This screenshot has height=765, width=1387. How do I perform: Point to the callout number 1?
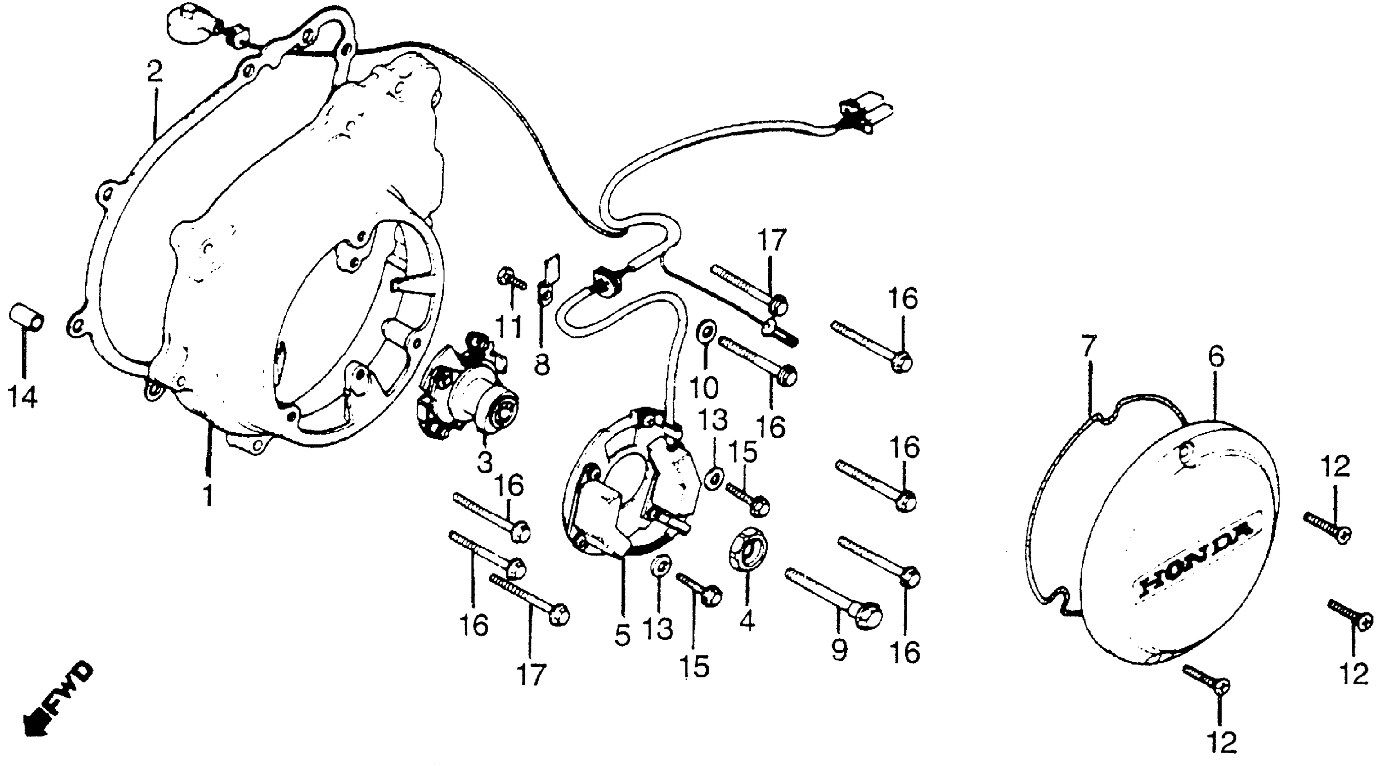pyautogui.click(x=208, y=495)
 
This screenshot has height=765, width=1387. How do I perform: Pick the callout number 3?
pyautogui.click(x=485, y=462)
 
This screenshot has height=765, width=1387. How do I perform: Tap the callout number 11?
pyautogui.click(x=509, y=326)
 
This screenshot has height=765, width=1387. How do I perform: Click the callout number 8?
pyautogui.click(x=542, y=364)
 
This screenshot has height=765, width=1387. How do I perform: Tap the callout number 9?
pyautogui.click(x=838, y=649)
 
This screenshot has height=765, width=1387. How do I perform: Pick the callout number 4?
pyautogui.click(x=747, y=622)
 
